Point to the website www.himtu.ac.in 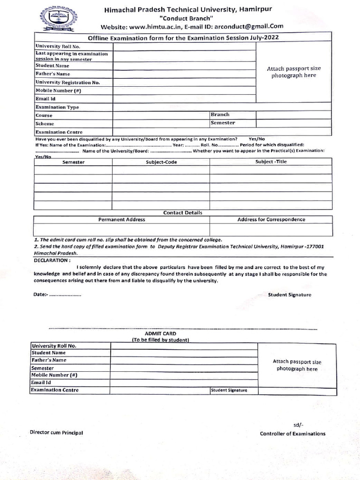coord(155,26)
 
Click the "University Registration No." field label coord(67,82)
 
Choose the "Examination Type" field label coord(57,107)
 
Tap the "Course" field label coord(44,115)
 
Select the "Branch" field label coord(220,114)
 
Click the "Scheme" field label coord(45,124)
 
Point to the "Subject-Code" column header coord(161,162)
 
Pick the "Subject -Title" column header coord(271,162)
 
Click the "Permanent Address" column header coord(121,219)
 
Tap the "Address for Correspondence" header coord(271,219)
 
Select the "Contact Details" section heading coord(183,213)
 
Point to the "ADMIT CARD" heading coord(160,333)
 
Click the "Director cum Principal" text coord(56,433)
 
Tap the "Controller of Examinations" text coord(292,434)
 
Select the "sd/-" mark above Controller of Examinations coord(299,425)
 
